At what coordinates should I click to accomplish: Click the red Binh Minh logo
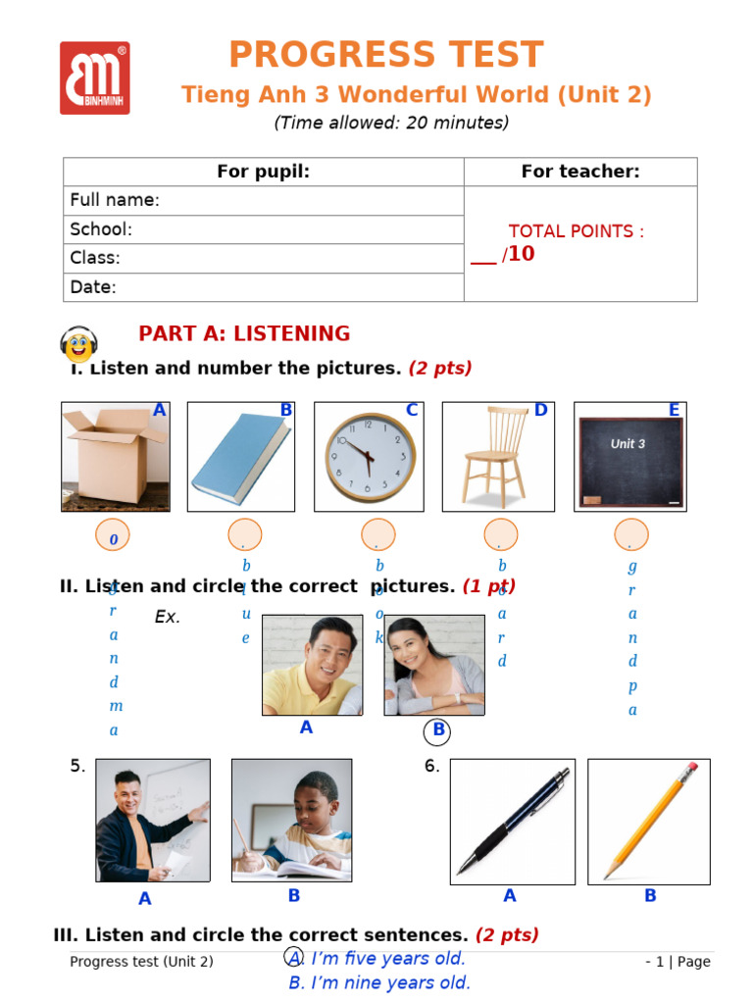pyautogui.click(x=94, y=77)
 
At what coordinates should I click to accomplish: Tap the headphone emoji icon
pyautogui.click(x=78, y=344)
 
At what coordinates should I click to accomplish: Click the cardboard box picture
pyautogui.click(x=116, y=457)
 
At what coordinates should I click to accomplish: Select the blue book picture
pyautogui.click(x=241, y=457)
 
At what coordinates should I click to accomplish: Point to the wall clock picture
pyautogui.click(x=369, y=457)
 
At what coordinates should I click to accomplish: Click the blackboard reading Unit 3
pyautogui.click(x=629, y=457)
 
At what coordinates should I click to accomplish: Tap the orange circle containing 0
pyautogui.click(x=113, y=536)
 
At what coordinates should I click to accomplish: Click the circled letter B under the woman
pyautogui.click(x=438, y=730)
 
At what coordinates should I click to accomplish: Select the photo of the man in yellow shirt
pyautogui.click(x=312, y=666)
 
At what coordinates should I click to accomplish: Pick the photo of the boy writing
pyautogui.click(x=291, y=820)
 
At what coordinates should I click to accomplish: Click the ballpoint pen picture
pyautogui.click(x=512, y=822)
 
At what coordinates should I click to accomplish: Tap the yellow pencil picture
pyautogui.click(x=648, y=822)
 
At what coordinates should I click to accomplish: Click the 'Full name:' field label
pyautogui.click(x=115, y=200)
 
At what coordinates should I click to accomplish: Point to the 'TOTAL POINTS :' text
pyautogui.click(x=577, y=231)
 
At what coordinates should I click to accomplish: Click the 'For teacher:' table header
pyautogui.click(x=580, y=172)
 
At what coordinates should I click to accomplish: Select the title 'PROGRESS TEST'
pyautogui.click(x=385, y=55)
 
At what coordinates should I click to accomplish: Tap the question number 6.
pyautogui.click(x=431, y=767)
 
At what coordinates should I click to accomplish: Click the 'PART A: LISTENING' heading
pyautogui.click(x=244, y=333)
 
